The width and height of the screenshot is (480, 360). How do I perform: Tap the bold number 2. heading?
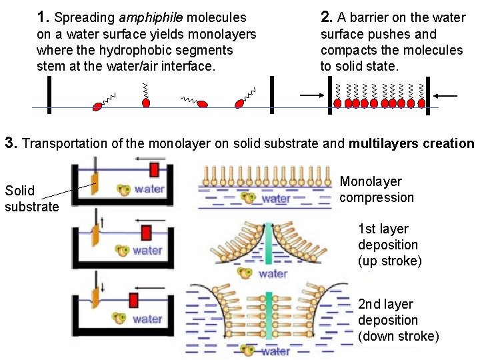(327, 17)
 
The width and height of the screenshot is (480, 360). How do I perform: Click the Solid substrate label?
(31, 199)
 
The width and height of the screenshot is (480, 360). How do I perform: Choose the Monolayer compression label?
(377, 189)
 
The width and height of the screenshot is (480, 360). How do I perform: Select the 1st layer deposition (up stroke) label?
(389, 245)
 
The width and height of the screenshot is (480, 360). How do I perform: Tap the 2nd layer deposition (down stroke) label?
(398, 320)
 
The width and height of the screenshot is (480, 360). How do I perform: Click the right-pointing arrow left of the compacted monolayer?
(310, 97)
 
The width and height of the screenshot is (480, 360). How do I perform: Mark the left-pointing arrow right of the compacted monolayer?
(448, 97)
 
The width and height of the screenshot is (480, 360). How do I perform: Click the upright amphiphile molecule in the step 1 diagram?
(146, 96)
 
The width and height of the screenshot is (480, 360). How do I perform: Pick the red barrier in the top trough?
(154, 169)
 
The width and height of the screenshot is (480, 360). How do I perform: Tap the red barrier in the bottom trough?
(133, 299)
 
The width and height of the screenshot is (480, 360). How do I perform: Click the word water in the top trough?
(149, 189)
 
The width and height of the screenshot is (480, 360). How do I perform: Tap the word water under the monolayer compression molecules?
(275, 198)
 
